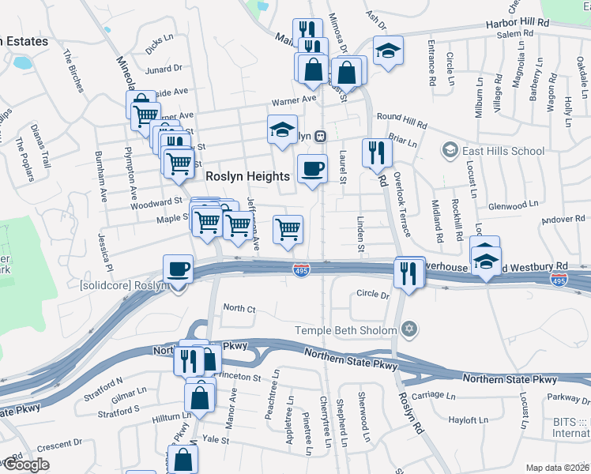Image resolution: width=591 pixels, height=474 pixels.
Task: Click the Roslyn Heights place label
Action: pos(247,177)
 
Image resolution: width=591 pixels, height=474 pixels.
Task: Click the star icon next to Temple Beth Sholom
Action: pos(408,329)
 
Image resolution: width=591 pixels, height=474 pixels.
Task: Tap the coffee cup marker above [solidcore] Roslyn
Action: pos(179,269)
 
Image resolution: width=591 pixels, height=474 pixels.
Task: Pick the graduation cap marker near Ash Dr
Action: pos(388,51)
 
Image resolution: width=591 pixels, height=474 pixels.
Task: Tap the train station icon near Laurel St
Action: pos(320,136)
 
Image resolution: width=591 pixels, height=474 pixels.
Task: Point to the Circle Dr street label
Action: pos(374,295)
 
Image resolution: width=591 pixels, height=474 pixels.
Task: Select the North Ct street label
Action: pos(239,307)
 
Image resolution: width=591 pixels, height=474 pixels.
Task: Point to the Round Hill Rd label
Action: pos(401,120)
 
